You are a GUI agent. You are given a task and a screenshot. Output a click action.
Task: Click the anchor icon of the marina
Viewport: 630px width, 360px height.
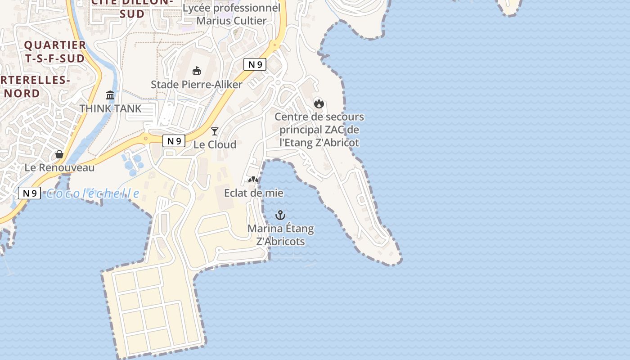pos(280,215)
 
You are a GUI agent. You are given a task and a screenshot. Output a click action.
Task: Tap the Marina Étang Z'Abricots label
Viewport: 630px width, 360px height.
pos(281,235)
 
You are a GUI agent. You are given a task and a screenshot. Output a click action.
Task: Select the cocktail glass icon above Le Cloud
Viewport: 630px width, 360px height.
pos(215,131)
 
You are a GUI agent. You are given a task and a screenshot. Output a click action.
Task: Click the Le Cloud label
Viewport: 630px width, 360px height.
pos(215,144)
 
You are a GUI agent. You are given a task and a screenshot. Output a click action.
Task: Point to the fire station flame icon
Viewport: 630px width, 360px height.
pos(319,103)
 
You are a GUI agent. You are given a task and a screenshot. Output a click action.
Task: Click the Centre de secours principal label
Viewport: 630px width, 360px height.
pos(319,130)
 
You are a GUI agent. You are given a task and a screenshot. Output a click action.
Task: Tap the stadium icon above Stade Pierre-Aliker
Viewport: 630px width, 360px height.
pos(197,71)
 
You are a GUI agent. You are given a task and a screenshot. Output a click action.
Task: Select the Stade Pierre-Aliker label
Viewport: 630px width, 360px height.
pos(197,85)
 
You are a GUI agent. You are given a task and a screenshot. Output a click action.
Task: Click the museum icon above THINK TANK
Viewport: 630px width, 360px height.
pos(110,95)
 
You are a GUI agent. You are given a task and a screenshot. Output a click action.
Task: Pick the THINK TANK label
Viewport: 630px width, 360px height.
pos(110,108)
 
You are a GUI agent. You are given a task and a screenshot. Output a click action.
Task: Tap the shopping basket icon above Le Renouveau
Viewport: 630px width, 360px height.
pos(59,154)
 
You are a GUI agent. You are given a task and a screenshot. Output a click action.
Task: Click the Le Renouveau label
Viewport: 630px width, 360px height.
pos(59,168)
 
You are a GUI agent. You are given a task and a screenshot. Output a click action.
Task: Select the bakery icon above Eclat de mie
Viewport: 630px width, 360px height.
pos(253,180)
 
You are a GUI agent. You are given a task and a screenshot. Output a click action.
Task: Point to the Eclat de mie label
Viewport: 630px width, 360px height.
pos(254,193)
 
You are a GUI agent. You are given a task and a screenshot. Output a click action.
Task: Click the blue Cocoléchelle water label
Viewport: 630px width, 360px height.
pos(93,193)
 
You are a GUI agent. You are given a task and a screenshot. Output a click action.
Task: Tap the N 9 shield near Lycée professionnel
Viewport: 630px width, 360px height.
pos(255,64)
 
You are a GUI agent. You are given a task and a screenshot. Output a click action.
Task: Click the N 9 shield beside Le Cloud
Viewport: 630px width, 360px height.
pos(174,141)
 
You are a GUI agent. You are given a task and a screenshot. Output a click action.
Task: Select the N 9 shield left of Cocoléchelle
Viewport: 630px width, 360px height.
pos(29,193)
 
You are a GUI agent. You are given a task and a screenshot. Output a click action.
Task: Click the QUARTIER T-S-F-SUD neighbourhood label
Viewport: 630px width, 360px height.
pos(55,52)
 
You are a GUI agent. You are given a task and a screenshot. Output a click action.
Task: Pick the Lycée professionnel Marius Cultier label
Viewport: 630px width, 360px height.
pos(231,14)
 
